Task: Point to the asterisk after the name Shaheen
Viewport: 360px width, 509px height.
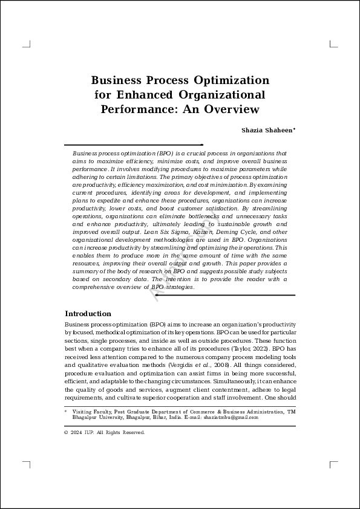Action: [x=294, y=129]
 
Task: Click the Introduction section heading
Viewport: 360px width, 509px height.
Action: [x=88, y=314]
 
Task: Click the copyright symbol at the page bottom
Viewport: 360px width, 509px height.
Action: [x=67, y=433]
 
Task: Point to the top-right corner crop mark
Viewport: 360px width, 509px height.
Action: [x=333, y=44]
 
